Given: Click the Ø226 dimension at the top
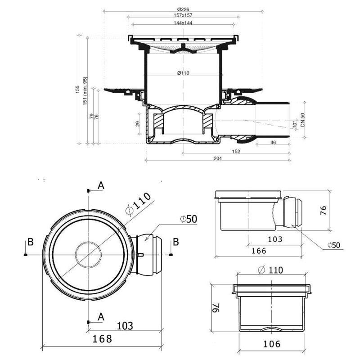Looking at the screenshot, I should pos(183,9).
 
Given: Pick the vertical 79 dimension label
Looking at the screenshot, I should pos(91,116).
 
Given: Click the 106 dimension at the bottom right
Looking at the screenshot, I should pos(271,344).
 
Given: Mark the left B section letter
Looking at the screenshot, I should pos(31,242).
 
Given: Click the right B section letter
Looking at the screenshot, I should pos(176,242).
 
